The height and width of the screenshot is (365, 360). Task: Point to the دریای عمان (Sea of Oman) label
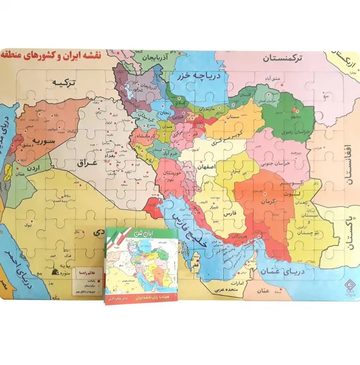tap(286, 273)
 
